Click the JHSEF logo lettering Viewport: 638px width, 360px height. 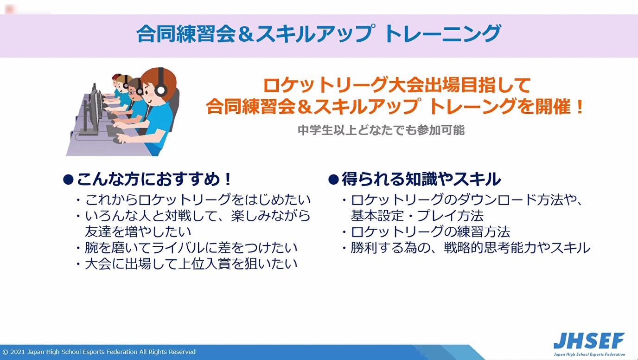click(589, 341)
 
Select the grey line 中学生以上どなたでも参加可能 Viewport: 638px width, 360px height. click(381, 130)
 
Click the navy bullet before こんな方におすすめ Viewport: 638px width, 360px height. click(68, 180)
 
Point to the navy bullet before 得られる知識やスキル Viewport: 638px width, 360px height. click(333, 180)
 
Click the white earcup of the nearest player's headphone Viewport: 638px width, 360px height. click(161, 90)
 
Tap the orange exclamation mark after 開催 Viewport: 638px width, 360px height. click(580, 107)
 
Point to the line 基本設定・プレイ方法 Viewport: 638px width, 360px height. click(417, 216)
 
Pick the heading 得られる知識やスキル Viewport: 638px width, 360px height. click(421, 179)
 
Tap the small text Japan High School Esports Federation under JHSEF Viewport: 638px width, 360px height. click(589, 354)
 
